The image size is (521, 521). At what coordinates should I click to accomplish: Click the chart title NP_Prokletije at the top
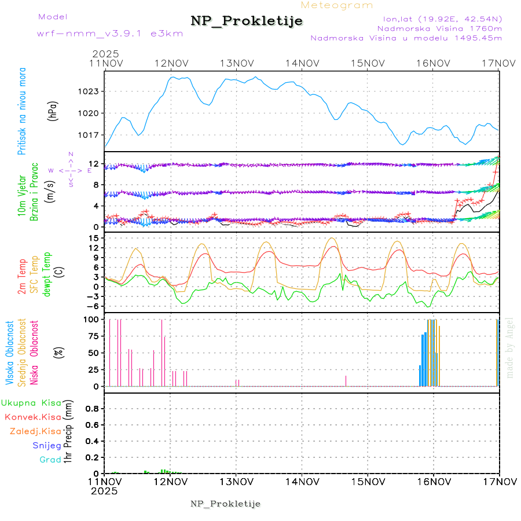247,21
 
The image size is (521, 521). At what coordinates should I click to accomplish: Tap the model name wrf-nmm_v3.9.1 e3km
110,34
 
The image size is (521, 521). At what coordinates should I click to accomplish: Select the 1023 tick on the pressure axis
89,91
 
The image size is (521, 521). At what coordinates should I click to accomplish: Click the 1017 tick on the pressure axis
89,135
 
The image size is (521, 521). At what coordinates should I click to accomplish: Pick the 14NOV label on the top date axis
302,63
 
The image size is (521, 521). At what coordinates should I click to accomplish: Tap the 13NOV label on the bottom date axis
236,481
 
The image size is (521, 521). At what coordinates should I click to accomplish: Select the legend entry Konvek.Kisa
33,417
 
